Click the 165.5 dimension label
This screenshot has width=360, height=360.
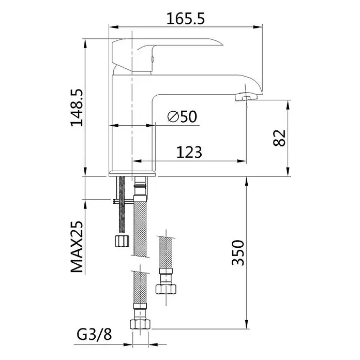pos(185,19)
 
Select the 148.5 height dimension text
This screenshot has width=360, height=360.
pos(77,108)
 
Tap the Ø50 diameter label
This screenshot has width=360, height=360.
pos(182,116)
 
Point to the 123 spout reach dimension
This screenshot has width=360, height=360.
pos(189,152)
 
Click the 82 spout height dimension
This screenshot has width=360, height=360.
pos(279,138)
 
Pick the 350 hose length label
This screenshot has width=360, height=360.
pos(237,252)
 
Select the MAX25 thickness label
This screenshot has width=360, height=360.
pos(77,247)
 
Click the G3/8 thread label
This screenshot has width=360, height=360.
pos(94,335)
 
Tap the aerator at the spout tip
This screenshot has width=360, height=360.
pos(246,96)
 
